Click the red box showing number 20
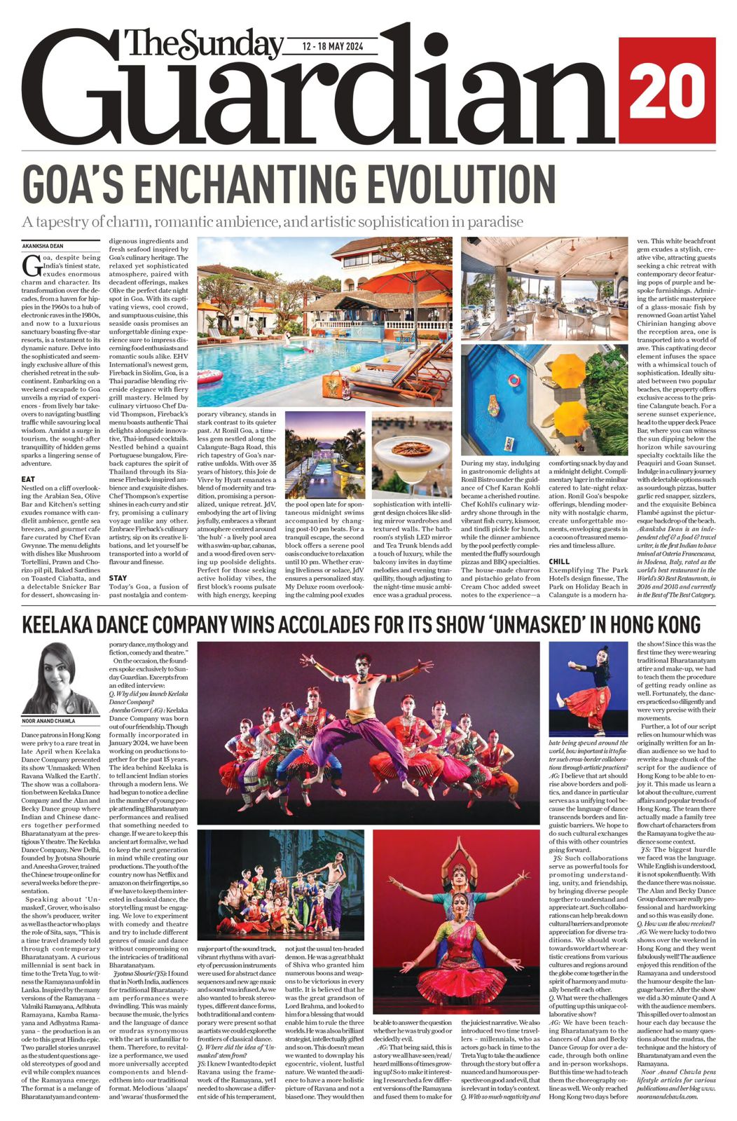click(666, 90)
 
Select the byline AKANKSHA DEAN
click(43, 246)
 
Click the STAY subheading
click(118, 578)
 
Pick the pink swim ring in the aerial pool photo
click(514, 380)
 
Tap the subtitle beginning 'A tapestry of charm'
click(273, 222)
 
